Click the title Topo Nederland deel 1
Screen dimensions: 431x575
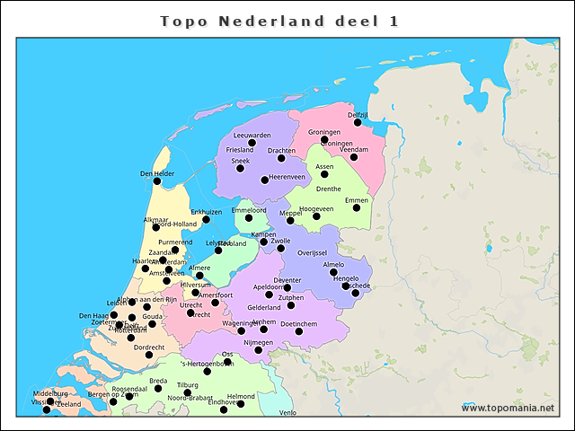pyautogui.click(x=279, y=21)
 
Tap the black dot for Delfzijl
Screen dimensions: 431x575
pyautogui.click(x=358, y=122)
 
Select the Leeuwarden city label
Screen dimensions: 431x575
pyautogui.click(x=252, y=135)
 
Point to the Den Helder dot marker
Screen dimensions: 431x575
pyautogui.click(x=157, y=180)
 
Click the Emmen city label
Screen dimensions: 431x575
pyautogui.click(x=357, y=199)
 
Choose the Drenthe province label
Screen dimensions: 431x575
pyautogui.click(x=328, y=189)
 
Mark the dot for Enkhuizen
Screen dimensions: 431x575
pyautogui.click(x=206, y=219)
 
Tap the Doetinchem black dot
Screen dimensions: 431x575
pyautogui.click(x=299, y=331)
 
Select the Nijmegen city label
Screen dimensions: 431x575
pyautogui.click(x=258, y=342)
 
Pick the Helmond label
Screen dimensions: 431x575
pyautogui.click(x=241, y=396)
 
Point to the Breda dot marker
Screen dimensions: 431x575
pyautogui.click(x=158, y=389)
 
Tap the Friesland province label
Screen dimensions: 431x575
pyautogui.click(x=240, y=150)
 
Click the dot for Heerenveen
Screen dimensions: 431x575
pyautogui.click(x=264, y=180)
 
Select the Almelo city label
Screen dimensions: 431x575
pyautogui.click(x=333, y=265)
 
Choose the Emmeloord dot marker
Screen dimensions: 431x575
pyautogui.click(x=249, y=217)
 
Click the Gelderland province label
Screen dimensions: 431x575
pyautogui.click(x=264, y=307)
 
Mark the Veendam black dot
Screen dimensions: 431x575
pyautogui.click(x=354, y=157)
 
